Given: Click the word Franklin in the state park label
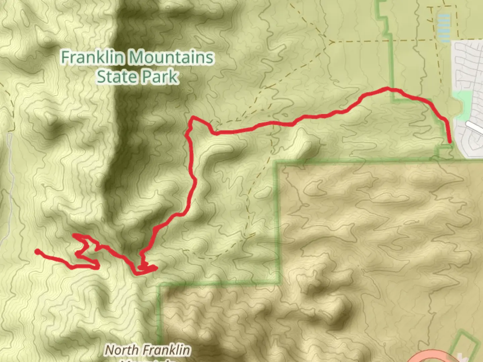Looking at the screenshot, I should coord(92,57).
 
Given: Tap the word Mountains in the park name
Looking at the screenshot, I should coord(171,57).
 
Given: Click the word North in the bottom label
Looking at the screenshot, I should coord(121,350).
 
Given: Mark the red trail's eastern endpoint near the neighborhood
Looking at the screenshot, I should coord(449,142).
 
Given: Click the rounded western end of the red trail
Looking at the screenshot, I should coord(37,251).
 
